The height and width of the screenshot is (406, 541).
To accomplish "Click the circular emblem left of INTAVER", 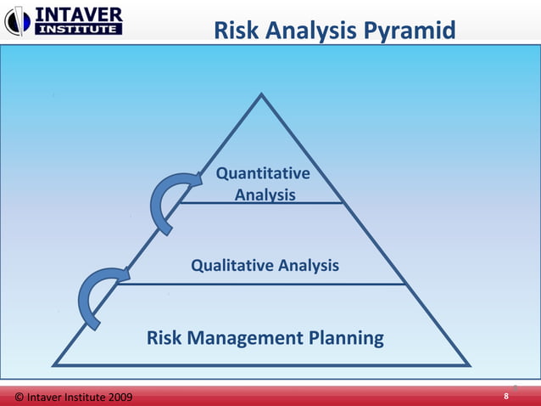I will pos(18,20).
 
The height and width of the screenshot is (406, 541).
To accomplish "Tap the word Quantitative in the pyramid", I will pos(263,174).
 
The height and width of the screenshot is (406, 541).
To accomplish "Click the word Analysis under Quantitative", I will pos(265,195).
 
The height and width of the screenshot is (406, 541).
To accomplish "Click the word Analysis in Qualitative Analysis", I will pos(309,266).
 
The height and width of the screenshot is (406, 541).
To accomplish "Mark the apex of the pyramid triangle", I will pos(262,95).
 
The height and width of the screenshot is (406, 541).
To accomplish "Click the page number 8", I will pos(506,397).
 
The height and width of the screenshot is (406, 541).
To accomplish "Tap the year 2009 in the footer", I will pos(116,397).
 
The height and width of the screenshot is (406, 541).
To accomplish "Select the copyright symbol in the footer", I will pos(20,397).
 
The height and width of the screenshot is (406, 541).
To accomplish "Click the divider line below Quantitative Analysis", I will pos(261,203).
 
